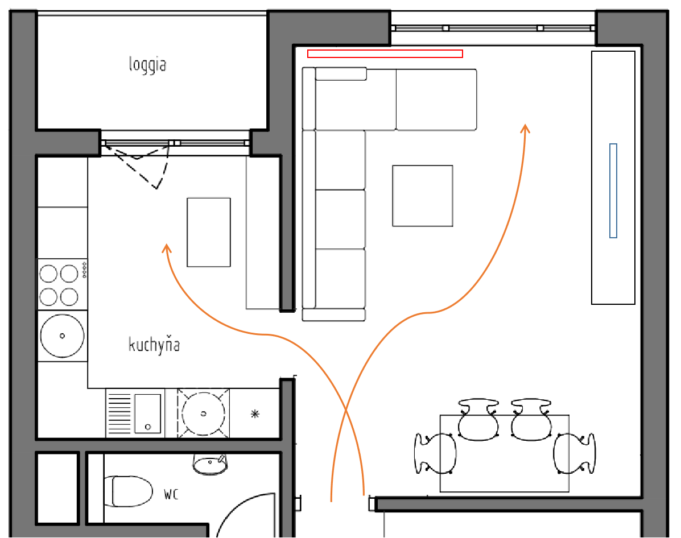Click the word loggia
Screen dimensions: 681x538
pos(147,64)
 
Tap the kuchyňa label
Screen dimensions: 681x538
pos(154,345)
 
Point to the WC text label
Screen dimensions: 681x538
pos(171,494)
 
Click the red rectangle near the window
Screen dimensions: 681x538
pos(385,53)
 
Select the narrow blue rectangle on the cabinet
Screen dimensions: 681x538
pos(613,191)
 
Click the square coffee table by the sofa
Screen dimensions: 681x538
pos(423,196)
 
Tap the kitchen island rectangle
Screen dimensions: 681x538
pos(209,232)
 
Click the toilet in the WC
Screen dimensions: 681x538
pos(129,491)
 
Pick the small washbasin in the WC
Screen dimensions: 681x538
pos(210,464)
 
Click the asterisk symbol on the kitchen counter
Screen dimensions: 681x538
pos(255,414)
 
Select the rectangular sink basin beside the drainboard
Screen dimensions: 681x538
pos(148,413)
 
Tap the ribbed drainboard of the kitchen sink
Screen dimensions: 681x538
pos(119,413)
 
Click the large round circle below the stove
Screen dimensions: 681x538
pos(62,336)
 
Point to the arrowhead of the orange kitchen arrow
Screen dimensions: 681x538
pos(166,248)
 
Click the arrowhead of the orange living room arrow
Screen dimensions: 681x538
pos(526,128)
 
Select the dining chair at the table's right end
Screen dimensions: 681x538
pos(574,453)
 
